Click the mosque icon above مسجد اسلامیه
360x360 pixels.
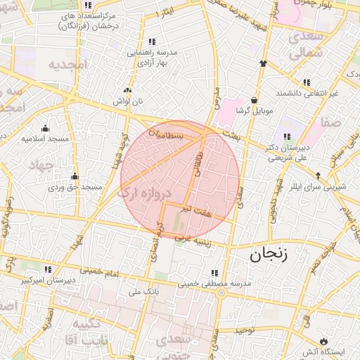(46, 128)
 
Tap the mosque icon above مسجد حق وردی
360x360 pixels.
(75, 176)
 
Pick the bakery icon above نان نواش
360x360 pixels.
(127, 91)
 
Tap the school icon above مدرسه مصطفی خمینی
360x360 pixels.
(215, 272)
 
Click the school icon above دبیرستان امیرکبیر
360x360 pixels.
(49, 269)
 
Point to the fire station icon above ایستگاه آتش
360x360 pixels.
(323, 340)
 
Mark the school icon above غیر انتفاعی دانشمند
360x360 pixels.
(307, 82)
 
